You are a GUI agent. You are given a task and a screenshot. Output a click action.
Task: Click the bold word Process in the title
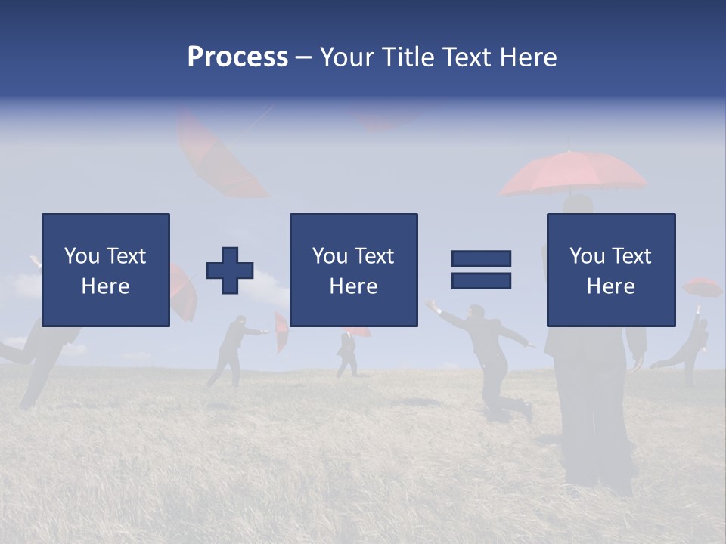(x=237, y=57)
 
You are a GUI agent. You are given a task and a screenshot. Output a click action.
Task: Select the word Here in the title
(x=528, y=57)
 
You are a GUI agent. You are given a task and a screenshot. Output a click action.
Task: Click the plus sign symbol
(x=230, y=270)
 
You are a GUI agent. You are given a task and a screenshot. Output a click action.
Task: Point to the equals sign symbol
(x=481, y=269)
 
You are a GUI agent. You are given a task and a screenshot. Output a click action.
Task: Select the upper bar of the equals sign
(x=481, y=258)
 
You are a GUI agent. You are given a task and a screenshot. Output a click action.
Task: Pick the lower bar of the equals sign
(x=481, y=280)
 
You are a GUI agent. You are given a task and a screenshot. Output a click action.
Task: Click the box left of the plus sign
(x=106, y=270)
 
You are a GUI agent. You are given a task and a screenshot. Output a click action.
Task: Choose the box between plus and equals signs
(x=353, y=270)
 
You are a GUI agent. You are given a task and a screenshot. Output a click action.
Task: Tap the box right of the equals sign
(x=610, y=270)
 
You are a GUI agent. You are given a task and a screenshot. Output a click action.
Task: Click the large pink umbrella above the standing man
(x=572, y=174)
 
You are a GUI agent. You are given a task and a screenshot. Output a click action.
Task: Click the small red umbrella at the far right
(x=702, y=287)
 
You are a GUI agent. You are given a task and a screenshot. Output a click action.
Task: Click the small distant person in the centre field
(x=347, y=352)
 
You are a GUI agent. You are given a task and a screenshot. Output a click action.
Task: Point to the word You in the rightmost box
(x=587, y=256)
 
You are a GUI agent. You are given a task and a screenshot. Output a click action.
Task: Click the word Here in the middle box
(x=353, y=286)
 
